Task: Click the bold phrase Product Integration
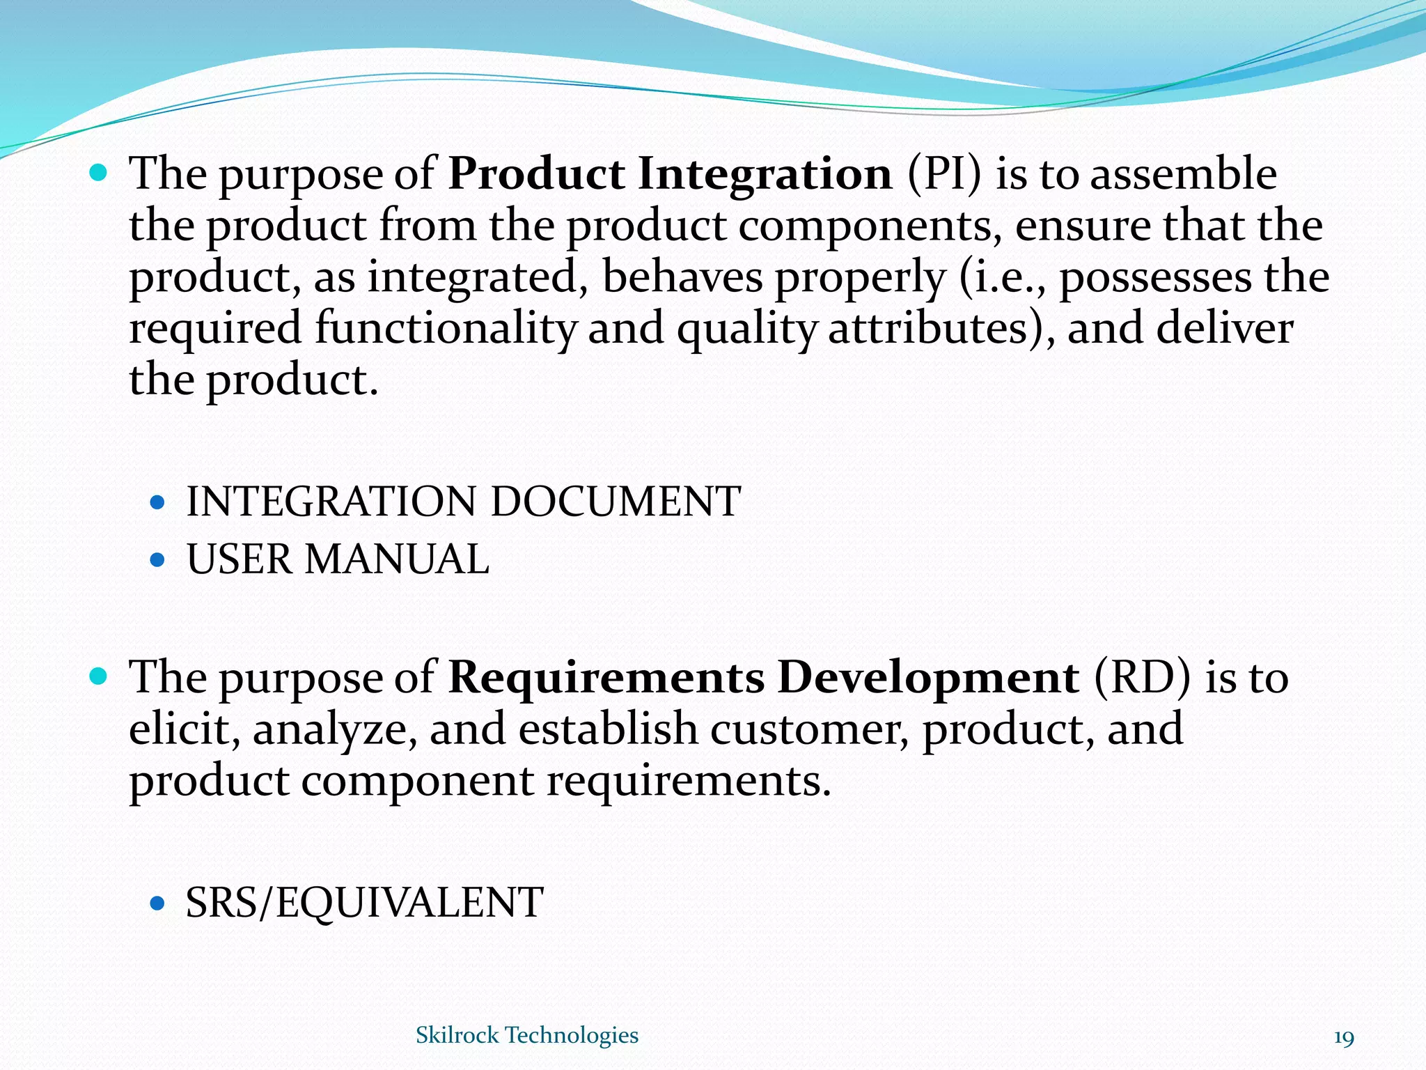click(670, 174)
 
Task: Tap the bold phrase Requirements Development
click(763, 677)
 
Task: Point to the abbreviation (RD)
click(1142, 677)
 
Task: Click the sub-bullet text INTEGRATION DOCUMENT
click(463, 502)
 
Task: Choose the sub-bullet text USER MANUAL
click(338, 559)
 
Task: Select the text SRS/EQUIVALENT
click(363, 903)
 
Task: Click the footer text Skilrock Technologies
click(526, 1035)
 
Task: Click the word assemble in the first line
click(1183, 174)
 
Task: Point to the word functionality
click(446, 329)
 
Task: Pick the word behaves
click(683, 277)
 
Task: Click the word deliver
click(1225, 329)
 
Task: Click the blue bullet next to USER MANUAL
click(158, 559)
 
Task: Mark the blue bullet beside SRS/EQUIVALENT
click(158, 904)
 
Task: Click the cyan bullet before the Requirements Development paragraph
click(99, 675)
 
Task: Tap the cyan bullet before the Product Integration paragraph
click(99, 171)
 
